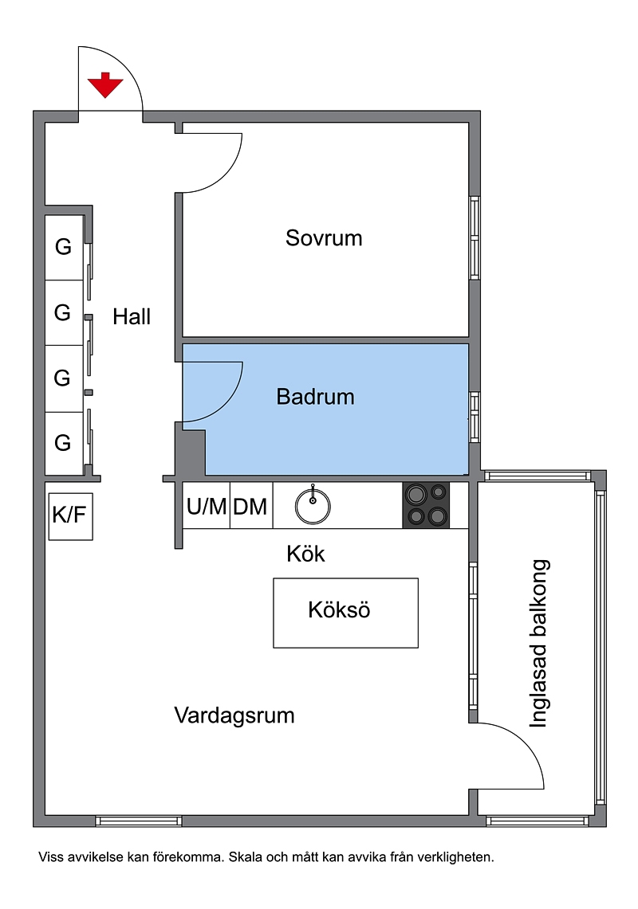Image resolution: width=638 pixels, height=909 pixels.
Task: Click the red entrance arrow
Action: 105,84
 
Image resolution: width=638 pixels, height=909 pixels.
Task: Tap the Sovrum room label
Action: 324,238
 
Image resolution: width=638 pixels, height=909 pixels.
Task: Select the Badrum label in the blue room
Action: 315,397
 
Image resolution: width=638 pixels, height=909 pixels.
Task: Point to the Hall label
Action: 132,317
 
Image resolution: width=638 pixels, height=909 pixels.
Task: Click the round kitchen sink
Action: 313,506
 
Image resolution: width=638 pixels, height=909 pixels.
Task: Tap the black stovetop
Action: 426,506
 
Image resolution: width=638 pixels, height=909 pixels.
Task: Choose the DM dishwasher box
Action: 250,506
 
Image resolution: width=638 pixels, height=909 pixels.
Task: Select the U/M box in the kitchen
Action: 207,506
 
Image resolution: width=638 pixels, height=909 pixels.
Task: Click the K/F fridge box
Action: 70,516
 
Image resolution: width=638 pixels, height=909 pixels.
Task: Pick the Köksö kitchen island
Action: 345,613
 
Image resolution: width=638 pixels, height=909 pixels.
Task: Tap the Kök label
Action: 305,554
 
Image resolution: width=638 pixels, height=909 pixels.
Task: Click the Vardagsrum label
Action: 234,715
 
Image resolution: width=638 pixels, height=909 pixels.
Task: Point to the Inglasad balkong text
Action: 539,644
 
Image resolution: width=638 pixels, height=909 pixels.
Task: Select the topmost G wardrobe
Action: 64,248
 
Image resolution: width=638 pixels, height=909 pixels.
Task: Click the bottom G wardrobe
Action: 64,444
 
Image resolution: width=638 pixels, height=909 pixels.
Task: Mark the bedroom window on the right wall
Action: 475,237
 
